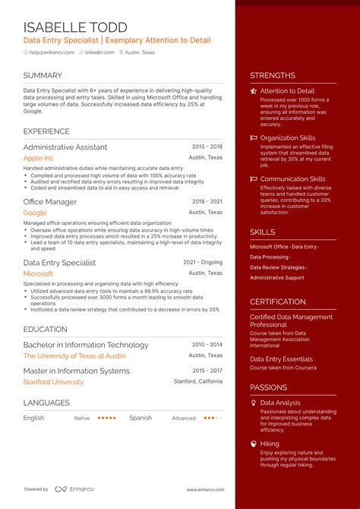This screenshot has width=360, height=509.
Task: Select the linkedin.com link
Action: [99, 52]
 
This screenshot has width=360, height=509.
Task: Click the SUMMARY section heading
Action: [43, 75]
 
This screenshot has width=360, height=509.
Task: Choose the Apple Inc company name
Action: [39, 158]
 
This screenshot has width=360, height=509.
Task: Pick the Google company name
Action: [35, 213]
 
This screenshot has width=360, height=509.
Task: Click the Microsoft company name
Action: [38, 273]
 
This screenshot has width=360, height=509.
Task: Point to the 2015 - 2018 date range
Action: [207, 146]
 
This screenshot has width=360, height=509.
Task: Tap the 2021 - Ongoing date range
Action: [203, 261]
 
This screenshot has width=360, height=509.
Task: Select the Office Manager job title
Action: [50, 202]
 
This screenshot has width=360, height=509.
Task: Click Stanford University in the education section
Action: [53, 382]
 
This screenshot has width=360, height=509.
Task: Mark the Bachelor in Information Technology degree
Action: [86, 345]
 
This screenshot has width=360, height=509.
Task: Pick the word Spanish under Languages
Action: [141, 418]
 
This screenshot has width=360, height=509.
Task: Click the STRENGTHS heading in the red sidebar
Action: [273, 75]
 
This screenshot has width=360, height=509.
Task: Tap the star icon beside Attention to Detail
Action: [254, 91]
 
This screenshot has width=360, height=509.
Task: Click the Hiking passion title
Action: [270, 443]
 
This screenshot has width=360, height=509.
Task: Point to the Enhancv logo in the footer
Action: [68, 489]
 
